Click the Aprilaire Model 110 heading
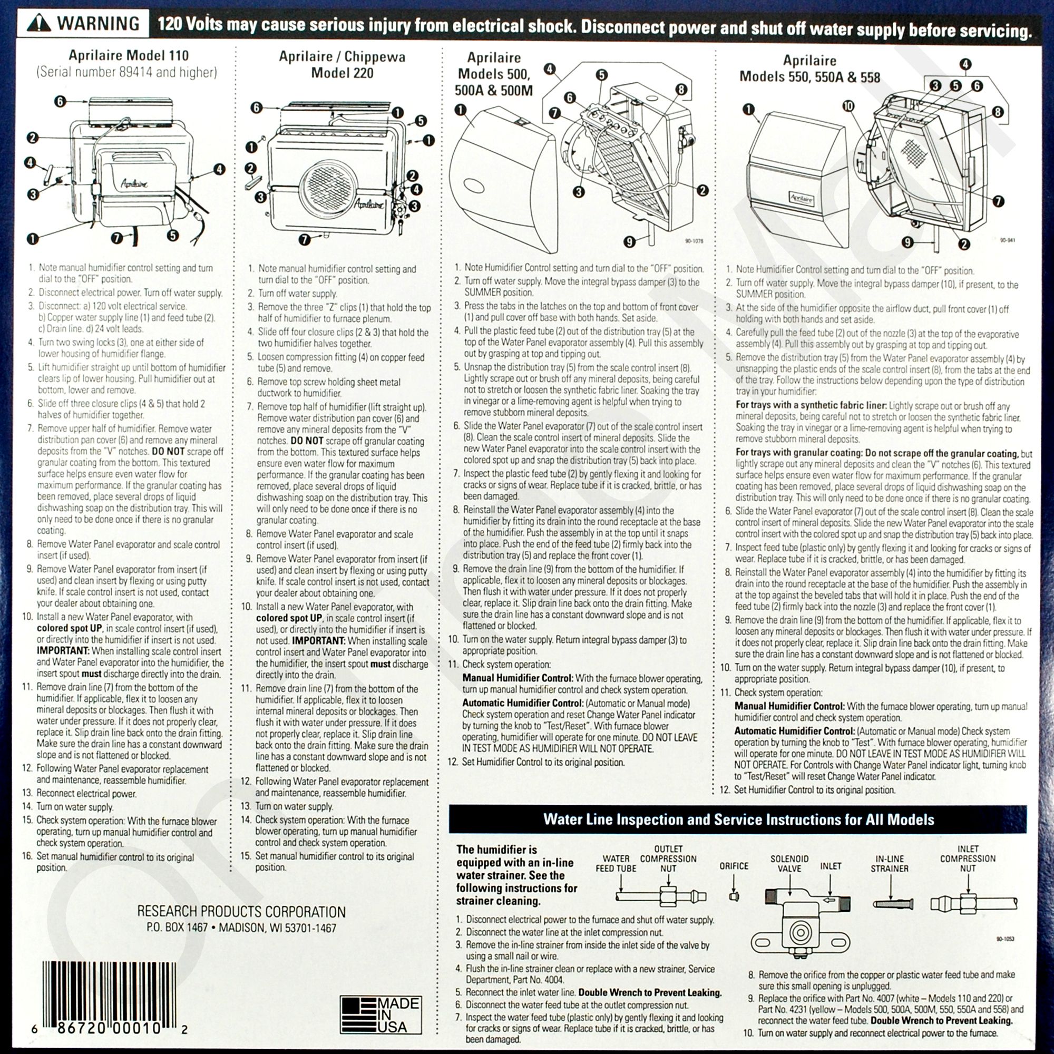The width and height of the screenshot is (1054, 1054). (x=129, y=56)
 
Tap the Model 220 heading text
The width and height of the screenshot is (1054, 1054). (x=342, y=73)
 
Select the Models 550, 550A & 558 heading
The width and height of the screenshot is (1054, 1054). (x=809, y=77)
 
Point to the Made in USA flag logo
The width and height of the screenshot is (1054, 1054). (x=381, y=1014)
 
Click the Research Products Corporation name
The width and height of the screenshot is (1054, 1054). (x=241, y=912)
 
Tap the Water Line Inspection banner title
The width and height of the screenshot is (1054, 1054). (x=739, y=819)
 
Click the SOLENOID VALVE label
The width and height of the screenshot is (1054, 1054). (x=789, y=864)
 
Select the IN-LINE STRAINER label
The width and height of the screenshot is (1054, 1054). (x=890, y=864)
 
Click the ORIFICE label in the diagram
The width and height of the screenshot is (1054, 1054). (x=734, y=866)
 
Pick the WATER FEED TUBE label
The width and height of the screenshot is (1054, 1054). (x=616, y=864)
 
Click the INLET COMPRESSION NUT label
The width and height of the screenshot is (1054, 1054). (x=968, y=858)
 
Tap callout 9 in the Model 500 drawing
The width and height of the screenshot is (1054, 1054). (x=630, y=241)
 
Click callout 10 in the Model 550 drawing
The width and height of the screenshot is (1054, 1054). (x=848, y=106)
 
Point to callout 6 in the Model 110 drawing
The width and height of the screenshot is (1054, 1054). (x=60, y=101)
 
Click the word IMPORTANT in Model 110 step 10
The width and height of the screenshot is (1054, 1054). (x=63, y=651)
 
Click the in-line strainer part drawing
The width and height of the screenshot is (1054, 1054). (x=893, y=904)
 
